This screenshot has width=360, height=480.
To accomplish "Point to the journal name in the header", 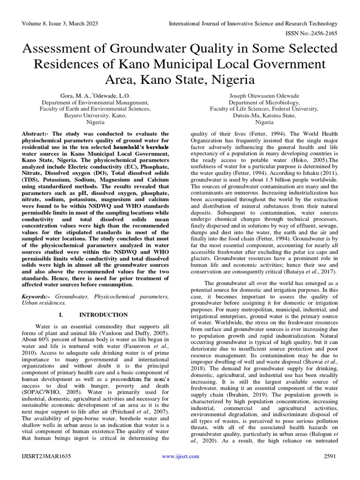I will (253, 23).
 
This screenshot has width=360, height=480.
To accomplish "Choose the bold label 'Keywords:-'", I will (37, 297).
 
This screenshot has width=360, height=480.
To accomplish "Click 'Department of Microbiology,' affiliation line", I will (264, 102).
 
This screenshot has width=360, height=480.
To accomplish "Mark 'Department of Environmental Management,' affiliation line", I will (96, 102).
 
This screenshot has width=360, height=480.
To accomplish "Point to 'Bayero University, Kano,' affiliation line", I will (96, 115).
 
